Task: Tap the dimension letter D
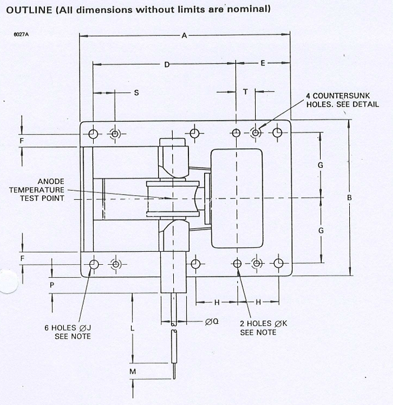tap(167, 65)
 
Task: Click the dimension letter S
tap(136, 93)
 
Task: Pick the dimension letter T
tap(245, 91)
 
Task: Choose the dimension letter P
tap(52, 285)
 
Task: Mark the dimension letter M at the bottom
tap(132, 371)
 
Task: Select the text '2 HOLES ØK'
tap(258, 324)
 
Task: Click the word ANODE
tap(51, 181)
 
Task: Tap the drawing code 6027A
tap(21, 35)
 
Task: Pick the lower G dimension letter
tap(321, 231)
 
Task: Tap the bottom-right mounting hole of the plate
tap(279, 264)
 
